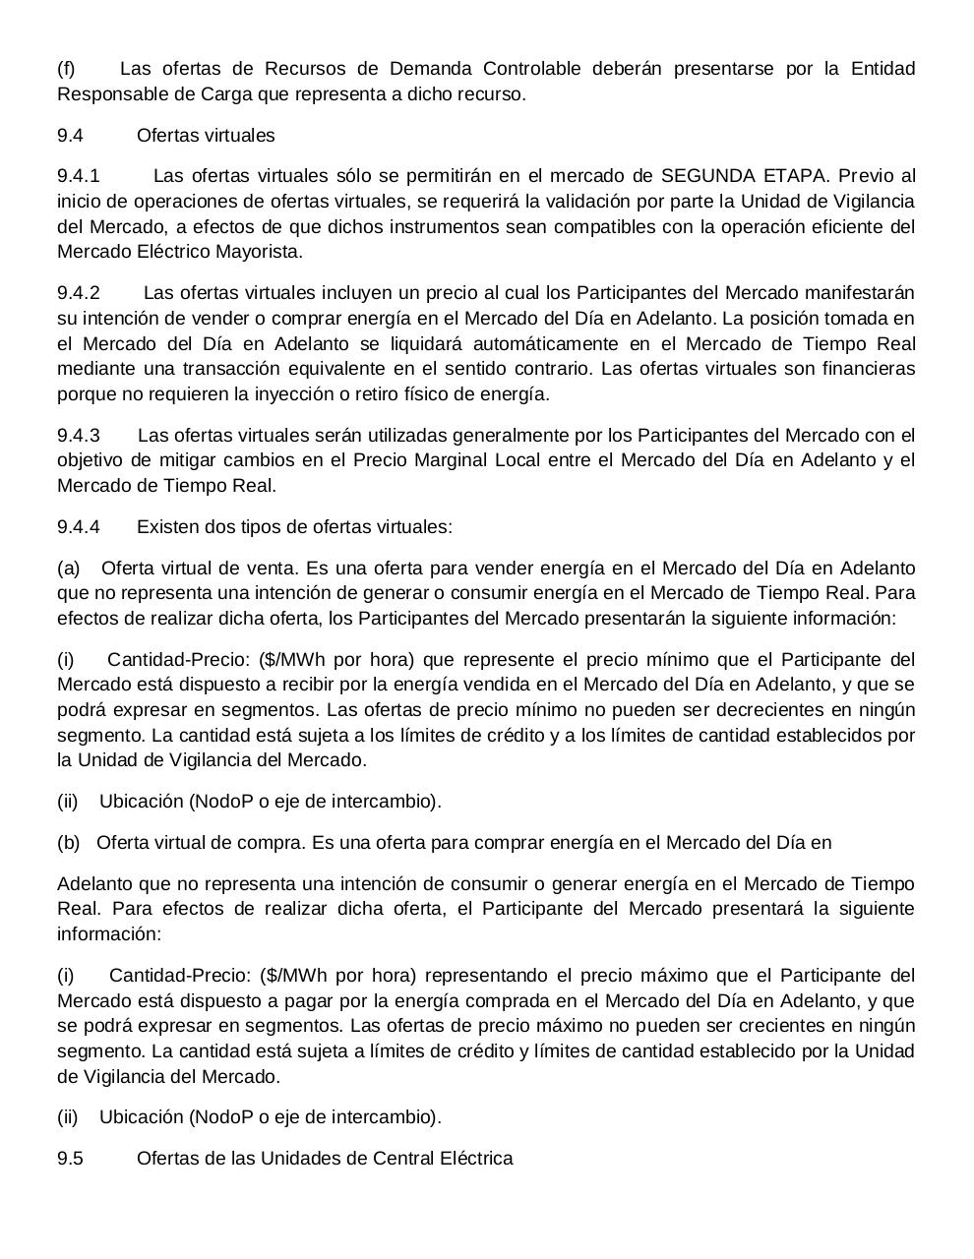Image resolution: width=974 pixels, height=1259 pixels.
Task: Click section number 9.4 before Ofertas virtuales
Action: [70, 136]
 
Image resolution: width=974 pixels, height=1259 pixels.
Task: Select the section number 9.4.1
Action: [79, 176]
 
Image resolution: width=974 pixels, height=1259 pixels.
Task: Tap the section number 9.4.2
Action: [79, 293]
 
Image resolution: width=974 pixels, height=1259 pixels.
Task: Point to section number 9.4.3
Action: [79, 436]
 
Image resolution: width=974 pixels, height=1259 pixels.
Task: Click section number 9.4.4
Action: [79, 527]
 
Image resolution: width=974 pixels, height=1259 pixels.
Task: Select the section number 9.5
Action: [70, 1159]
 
